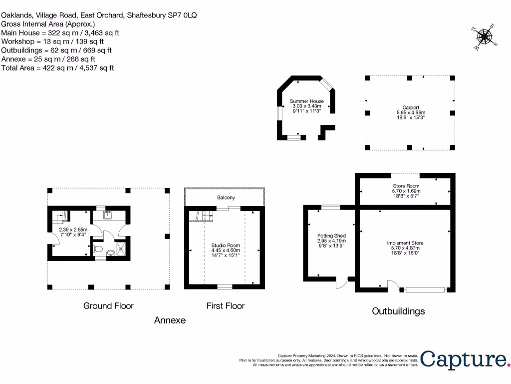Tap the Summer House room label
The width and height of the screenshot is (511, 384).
point(307,101)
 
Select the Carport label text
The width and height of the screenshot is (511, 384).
point(411,107)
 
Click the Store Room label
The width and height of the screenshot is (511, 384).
point(406,186)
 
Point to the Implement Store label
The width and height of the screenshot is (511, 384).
point(405,243)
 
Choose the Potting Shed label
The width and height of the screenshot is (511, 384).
point(331,235)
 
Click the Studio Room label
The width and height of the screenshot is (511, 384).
point(226,245)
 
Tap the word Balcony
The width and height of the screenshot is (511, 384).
point(226,197)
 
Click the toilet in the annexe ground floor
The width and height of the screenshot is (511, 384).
point(99,248)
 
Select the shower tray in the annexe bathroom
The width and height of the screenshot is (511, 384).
point(120,248)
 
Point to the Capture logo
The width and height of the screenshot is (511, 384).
point(464,359)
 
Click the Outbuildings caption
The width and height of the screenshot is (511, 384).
point(398,311)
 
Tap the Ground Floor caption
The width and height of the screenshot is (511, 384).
point(108,305)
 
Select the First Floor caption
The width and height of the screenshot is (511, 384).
point(226,305)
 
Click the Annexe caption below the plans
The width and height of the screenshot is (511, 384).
point(170,320)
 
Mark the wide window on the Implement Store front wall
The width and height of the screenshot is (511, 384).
point(425,289)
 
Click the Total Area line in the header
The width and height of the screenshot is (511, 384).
point(57,67)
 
